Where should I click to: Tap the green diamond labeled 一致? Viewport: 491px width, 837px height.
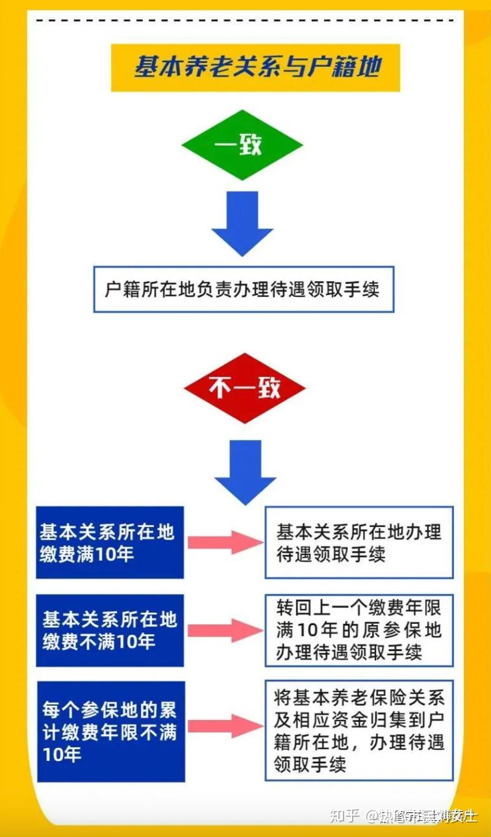coord(242,144)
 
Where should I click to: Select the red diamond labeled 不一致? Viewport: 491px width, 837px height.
coord(244,389)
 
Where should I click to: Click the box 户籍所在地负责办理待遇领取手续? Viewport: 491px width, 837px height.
coord(244,289)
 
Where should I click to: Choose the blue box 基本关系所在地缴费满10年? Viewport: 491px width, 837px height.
coord(110,543)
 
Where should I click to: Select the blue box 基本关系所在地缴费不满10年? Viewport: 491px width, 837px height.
coord(110,630)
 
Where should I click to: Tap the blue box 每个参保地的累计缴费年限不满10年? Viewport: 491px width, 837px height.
coord(110,731)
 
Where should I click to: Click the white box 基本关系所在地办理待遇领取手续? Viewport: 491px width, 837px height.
coord(359,543)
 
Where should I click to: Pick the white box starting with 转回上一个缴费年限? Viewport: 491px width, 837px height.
coord(359,630)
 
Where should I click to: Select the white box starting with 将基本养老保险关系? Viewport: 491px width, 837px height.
coord(359,730)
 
